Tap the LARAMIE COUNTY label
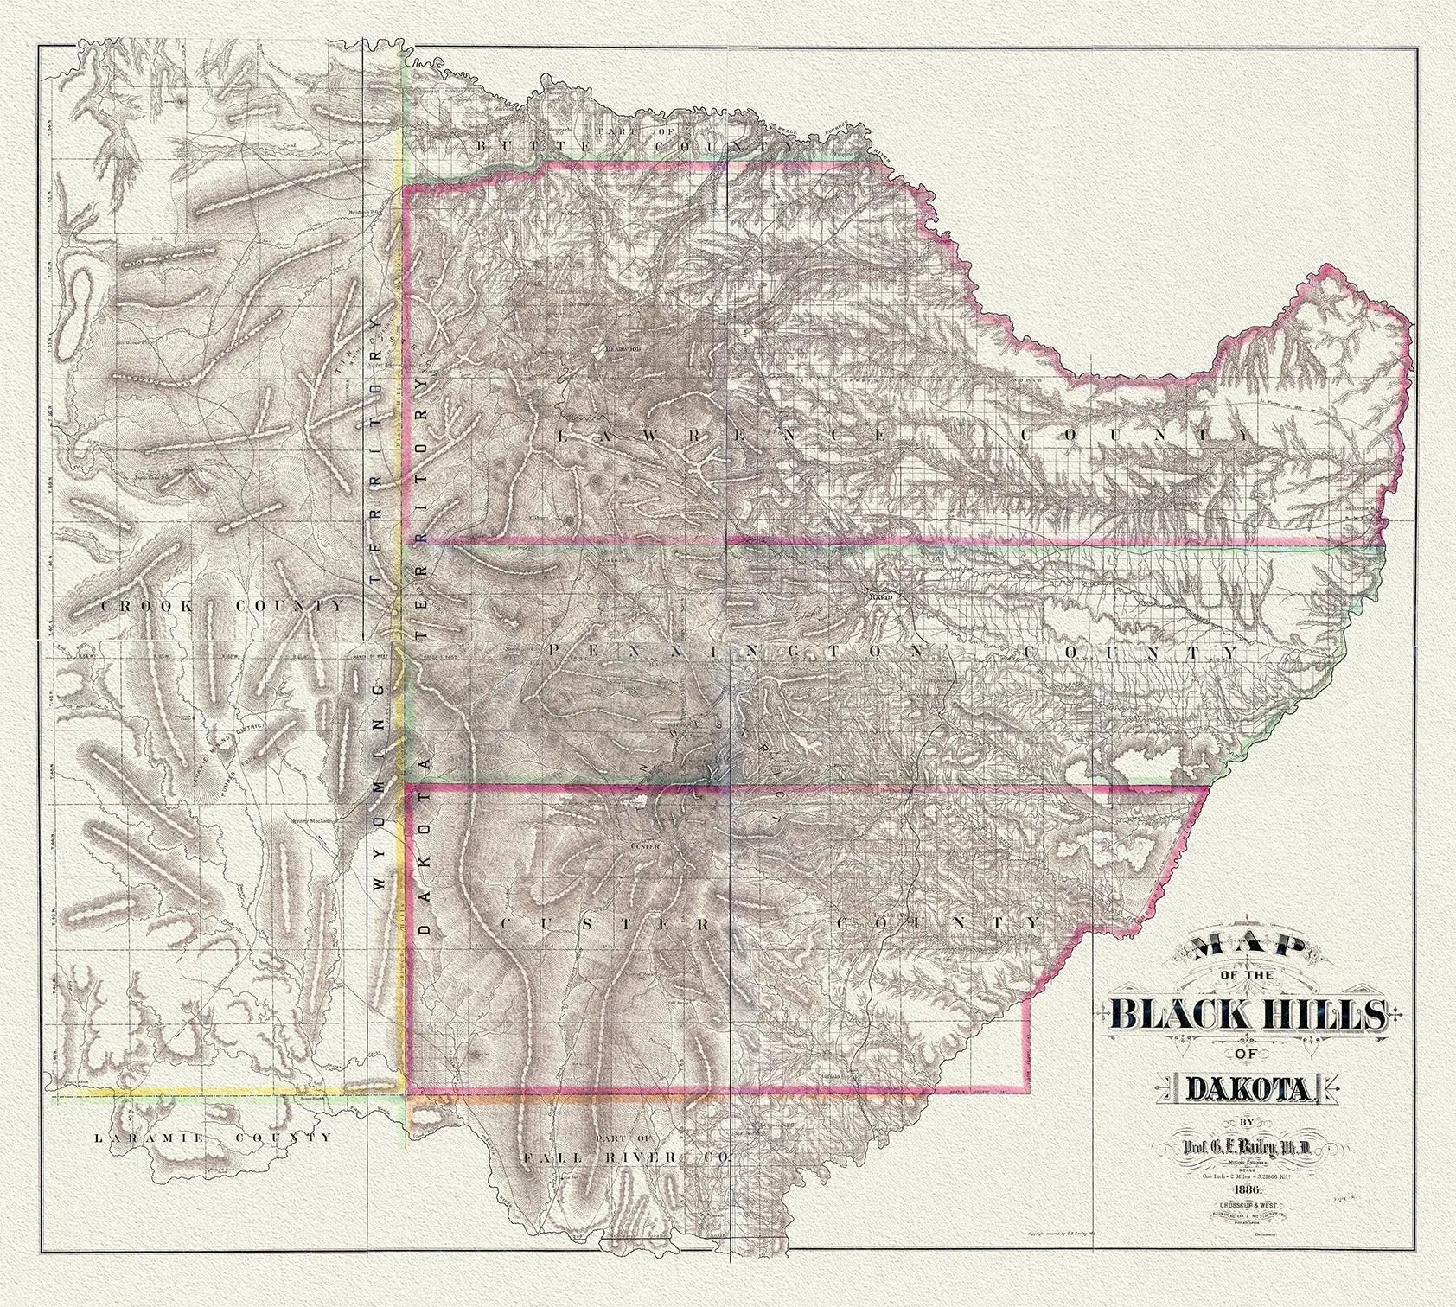[x=213, y=1138]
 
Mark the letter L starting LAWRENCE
[x=563, y=435]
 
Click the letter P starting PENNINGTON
[x=553, y=650]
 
